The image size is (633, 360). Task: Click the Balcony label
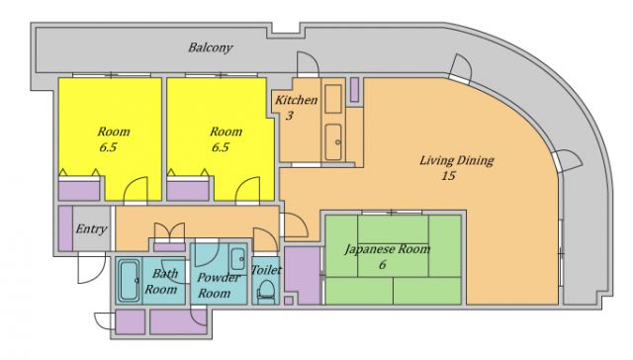point(211,47)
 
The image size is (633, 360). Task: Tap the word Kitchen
point(297,100)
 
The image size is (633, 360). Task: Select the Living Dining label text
point(457,160)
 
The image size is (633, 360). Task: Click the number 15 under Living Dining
point(448,176)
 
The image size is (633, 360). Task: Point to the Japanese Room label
point(387,249)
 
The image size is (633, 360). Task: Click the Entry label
point(91,228)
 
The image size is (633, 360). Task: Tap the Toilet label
point(266,270)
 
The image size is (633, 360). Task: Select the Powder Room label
point(219,285)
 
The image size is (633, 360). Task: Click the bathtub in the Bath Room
point(129,281)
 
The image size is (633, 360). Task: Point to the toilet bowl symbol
point(266,291)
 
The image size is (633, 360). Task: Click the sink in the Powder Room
point(237,259)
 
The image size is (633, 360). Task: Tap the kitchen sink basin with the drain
point(333,142)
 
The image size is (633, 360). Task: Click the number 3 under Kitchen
point(290,117)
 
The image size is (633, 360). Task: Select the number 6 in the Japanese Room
point(382,265)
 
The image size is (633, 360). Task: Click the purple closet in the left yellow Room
point(79,191)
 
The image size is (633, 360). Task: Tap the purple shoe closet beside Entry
point(65,228)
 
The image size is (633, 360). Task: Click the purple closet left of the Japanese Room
point(303,275)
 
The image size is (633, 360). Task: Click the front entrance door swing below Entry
point(91,268)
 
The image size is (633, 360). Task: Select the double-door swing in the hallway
point(169,232)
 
